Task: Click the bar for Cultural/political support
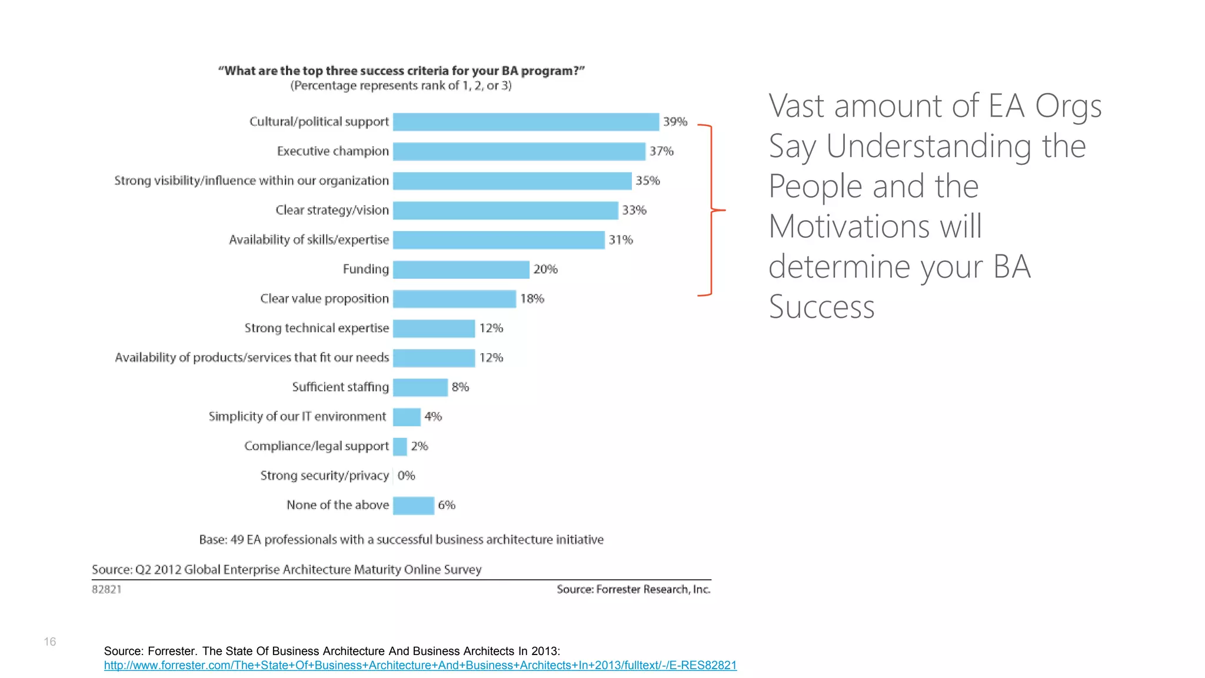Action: pyautogui.click(x=525, y=122)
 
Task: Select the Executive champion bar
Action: pyautogui.click(x=519, y=151)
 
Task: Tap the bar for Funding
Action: pyautogui.click(x=461, y=270)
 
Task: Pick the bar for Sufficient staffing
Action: pyautogui.click(x=420, y=387)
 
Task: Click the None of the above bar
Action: pyautogui.click(x=413, y=506)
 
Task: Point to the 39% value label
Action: pyautogui.click(x=675, y=122)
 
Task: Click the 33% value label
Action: pyautogui.click(x=634, y=210)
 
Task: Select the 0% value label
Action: pyautogui.click(x=406, y=476)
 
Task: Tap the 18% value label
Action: pyautogui.click(x=532, y=299)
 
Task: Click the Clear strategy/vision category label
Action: pyautogui.click(x=332, y=210)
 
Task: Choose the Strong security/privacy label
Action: pyautogui.click(x=324, y=476)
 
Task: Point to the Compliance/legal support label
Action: pyautogui.click(x=316, y=446)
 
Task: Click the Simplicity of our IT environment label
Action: pyautogui.click(x=297, y=417)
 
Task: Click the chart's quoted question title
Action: pyautogui.click(x=401, y=71)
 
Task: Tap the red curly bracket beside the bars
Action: pyautogui.click(x=711, y=210)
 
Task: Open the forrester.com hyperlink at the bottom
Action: pyautogui.click(x=420, y=666)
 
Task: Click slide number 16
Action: pyautogui.click(x=50, y=642)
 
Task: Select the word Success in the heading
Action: pyautogui.click(x=821, y=307)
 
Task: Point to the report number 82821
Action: pyautogui.click(x=106, y=590)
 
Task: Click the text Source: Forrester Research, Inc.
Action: pyautogui.click(x=633, y=590)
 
